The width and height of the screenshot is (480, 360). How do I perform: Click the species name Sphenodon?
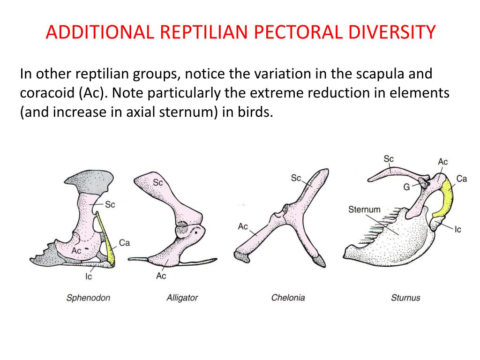pyautogui.click(x=88, y=298)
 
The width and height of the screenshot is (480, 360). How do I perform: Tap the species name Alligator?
pyautogui.click(x=182, y=298)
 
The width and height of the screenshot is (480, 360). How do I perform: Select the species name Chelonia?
pyautogui.click(x=288, y=298)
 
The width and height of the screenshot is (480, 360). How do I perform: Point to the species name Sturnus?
pyautogui.click(x=405, y=298)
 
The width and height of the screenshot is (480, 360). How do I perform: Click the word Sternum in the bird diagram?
pyautogui.click(x=364, y=210)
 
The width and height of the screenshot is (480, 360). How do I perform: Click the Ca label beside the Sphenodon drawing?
pyautogui.click(x=124, y=242)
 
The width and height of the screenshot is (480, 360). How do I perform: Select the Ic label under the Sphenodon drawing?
pyautogui.click(x=89, y=277)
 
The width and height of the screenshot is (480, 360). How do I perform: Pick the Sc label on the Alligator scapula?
pyautogui.click(x=157, y=182)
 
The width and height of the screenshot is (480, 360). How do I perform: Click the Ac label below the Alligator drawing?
pyautogui.click(x=161, y=276)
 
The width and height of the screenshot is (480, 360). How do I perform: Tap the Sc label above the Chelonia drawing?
pyautogui.click(x=296, y=178)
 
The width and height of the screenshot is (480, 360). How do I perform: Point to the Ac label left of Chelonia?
pyautogui.click(x=243, y=226)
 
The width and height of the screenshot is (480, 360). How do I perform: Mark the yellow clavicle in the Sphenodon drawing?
pyautogui.click(x=110, y=246)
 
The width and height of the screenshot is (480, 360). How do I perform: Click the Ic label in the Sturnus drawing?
pyautogui.click(x=458, y=230)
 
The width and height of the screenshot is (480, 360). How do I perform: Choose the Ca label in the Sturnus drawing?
pyautogui.click(x=461, y=179)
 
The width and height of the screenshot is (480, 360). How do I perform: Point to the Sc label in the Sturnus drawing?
pyautogui.click(x=389, y=159)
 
